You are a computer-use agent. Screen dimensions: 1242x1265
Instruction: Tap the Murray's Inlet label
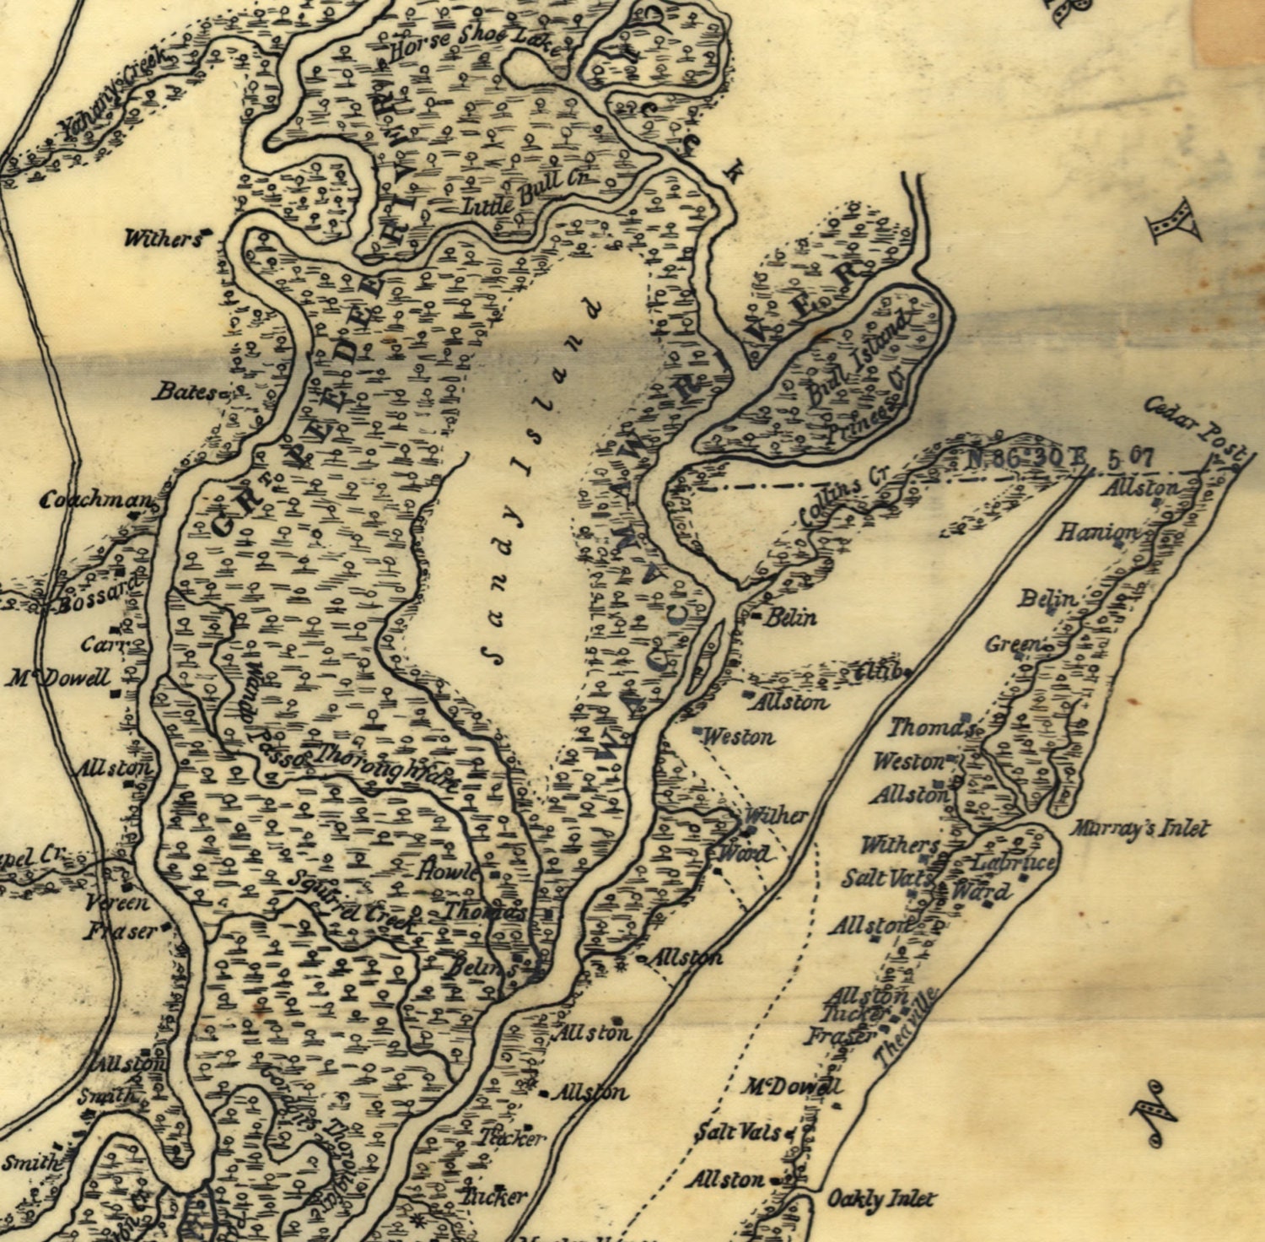click(1139, 829)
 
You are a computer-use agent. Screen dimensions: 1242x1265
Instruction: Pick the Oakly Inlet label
click(880, 1199)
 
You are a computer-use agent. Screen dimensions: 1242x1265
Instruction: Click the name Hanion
click(1097, 532)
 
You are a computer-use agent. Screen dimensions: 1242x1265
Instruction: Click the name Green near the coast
click(1012, 645)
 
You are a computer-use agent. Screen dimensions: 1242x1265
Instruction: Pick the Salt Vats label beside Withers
click(885, 878)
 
